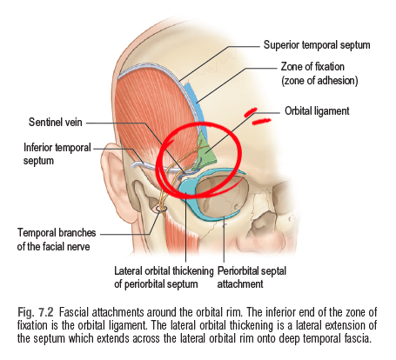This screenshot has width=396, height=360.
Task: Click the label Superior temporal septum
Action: click(x=317, y=45)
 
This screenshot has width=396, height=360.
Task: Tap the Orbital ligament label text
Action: click(x=317, y=111)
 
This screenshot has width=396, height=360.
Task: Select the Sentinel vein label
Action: click(x=55, y=122)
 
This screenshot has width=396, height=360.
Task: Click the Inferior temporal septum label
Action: click(x=57, y=154)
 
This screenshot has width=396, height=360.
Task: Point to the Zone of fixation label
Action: click(x=319, y=73)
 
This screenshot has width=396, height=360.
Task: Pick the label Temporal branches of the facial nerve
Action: click(x=57, y=239)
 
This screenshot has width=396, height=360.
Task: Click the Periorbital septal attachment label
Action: click(x=252, y=277)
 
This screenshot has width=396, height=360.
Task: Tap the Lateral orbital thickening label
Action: click(x=164, y=277)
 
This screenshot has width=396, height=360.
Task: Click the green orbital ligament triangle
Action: click(x=206, y=150)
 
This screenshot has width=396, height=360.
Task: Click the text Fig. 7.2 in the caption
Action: click(x=36, y=312)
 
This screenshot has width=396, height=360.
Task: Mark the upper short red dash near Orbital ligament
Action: click(x=251, y=112)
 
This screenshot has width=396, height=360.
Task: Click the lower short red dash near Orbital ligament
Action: click(x=261, y=122)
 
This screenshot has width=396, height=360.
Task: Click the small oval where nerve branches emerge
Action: click(x=161, y=209)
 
